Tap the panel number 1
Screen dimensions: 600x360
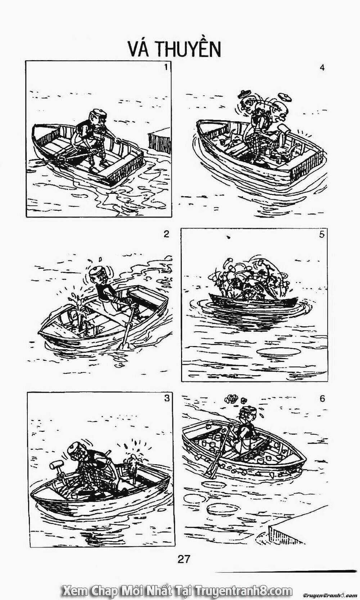(x=166, y=67)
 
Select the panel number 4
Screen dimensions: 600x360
(x=322, y=67)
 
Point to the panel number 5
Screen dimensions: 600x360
(x=321, y=234)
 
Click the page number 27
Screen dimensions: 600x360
(x=183, y=559)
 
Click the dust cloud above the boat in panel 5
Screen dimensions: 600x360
(x=248, y=277)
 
